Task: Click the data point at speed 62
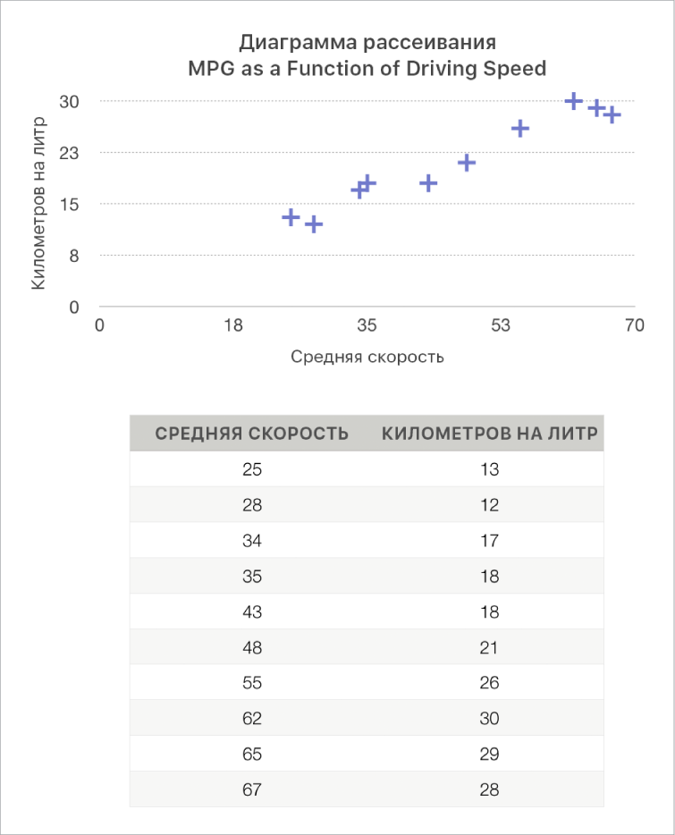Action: tap(574, 102)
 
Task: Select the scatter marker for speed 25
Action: tap(291, 217)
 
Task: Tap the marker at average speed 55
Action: tap(520, 129)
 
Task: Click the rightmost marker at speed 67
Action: tap(612, 115)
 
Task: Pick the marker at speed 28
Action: tap(314, 224)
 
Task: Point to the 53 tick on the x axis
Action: tap(501, 325)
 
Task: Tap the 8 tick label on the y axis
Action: tap(75, 256)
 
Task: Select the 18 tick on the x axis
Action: tap(233, 325)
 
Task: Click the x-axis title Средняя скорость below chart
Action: tap(367, 357)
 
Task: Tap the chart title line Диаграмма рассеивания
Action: tap(367, 43)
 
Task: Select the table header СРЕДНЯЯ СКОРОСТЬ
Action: tap(252, 434)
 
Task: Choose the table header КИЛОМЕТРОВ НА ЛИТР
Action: tap(489, 434)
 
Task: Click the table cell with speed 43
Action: tap(252, 612)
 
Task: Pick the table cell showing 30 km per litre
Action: tap(489, 719)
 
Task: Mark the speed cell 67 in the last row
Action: tap(252, 790)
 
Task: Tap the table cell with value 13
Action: tap(489, 469)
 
